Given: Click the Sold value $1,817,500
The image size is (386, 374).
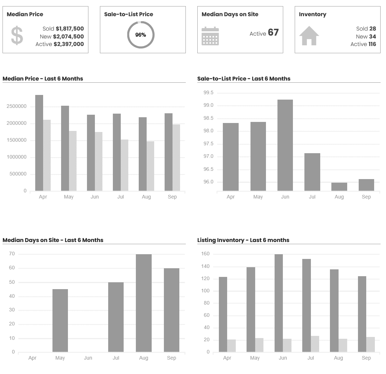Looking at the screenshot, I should [70, 29].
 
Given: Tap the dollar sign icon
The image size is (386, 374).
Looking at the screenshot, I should [17, 36].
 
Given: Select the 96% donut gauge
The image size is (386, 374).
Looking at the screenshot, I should [141, 35].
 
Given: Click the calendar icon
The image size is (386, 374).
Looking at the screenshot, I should [210, 36].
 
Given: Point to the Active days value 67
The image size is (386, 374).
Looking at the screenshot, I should [273, 33].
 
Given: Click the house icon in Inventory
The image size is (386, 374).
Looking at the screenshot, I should [309, 36].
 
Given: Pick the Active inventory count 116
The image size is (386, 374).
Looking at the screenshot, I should [372, 44].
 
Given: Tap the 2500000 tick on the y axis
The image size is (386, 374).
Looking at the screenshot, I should [16, 106].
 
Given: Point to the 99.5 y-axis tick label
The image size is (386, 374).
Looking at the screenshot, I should [208, 93].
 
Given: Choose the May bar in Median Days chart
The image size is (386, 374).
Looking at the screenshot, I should [60, 320].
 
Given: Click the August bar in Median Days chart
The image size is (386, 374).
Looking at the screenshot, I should [144, 303].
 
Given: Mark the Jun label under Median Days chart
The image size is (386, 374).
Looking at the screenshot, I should [88, 358].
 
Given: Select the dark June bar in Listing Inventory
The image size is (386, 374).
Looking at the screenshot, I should [279, 303].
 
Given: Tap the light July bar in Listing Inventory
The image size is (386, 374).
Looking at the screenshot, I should [315, 344].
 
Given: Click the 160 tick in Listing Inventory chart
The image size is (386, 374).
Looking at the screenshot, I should [206, 254].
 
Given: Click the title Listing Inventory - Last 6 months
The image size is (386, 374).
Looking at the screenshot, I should [243, 240].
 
